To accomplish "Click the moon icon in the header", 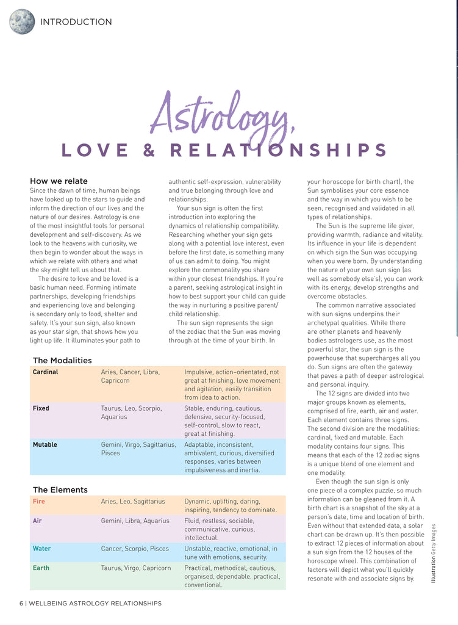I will point(22,22).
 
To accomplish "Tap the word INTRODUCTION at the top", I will point(76,22).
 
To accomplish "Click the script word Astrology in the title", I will point(223,115).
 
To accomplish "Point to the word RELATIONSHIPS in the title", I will point(279,150).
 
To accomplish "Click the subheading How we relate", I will point(59,181).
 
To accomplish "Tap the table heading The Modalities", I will point(62,360).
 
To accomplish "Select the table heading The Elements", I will point(60,490).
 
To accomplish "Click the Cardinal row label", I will point(45,372).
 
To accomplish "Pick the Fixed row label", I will point(41,408).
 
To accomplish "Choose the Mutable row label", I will point(45,444).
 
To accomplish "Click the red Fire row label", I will point(38,502).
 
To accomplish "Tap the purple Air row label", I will point(37,521).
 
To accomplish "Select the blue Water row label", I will point(41,549).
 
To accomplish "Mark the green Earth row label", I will point(41,568).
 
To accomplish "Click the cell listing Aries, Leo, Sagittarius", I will point(133,502).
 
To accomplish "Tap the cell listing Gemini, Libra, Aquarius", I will point(135,521).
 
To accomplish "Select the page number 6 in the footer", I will point(21,604).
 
